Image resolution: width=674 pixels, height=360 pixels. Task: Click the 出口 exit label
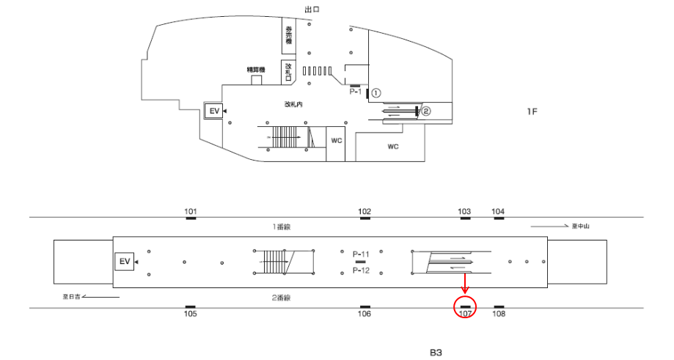[312, 9]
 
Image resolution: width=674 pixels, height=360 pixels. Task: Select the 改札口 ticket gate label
[290, 72]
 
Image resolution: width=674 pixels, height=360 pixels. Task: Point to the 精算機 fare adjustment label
[256, 70]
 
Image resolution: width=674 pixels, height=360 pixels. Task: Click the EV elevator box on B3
[124, 261]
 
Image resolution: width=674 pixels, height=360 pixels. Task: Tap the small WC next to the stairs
[337, 139]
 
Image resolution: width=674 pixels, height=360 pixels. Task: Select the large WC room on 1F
[392, 147]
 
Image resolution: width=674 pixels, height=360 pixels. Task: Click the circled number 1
[376, 93]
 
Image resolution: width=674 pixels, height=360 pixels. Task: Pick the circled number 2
[425, 111]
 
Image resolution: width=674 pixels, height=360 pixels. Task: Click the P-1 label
[356, 92]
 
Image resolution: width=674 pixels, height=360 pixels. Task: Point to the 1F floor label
[532, 111]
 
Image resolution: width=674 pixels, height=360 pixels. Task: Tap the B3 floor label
[436, 352]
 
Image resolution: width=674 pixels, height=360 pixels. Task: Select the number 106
[365, 314]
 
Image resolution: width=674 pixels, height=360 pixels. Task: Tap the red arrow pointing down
[465, 283]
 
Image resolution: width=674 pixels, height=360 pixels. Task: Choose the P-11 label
[361, 253]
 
